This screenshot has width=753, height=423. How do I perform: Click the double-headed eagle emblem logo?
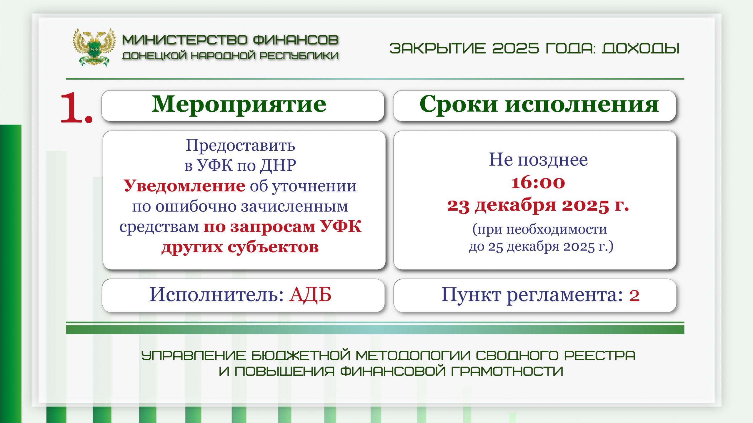[94, 47]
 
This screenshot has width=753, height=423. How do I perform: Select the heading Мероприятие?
[239, 105]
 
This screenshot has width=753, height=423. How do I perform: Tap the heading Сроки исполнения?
[539, 105]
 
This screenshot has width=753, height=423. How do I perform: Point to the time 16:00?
[538, 182]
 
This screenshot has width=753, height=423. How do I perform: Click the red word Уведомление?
[184, 186]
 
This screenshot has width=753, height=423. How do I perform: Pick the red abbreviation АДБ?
[310, 295]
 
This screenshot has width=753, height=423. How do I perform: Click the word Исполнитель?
[216, 295]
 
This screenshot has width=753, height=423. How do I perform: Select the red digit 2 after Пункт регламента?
[634, 296]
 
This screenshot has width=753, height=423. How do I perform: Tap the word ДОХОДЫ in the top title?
[641, 48]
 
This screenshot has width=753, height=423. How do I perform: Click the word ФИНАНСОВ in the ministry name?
[296, 40]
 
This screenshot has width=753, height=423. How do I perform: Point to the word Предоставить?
[240, 145]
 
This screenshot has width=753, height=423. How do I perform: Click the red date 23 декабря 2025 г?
[538, 205]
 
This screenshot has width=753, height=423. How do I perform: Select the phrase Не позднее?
[538, 160]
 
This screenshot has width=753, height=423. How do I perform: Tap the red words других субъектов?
[240, 247]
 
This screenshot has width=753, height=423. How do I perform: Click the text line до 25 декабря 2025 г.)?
[541, 246]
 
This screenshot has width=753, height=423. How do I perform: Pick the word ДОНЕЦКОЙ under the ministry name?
[154, 56]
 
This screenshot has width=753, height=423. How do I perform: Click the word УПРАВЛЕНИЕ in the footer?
[193, 356]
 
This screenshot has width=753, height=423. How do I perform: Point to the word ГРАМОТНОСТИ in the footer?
[507, 371]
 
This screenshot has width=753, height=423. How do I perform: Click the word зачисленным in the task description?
[295, 206]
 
